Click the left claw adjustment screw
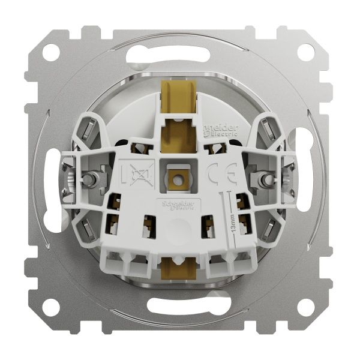coord(88,178)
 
